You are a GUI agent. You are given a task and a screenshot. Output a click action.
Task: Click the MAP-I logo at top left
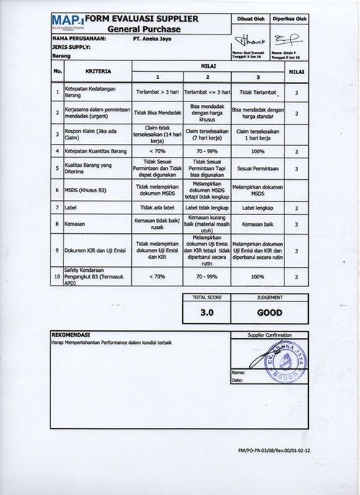click(66, 20)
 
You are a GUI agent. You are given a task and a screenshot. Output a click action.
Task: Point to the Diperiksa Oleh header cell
click(294, 19)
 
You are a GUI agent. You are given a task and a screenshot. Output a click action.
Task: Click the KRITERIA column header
click(98, 71)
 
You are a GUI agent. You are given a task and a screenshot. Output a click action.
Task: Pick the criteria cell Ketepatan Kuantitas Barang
click(96, 153)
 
